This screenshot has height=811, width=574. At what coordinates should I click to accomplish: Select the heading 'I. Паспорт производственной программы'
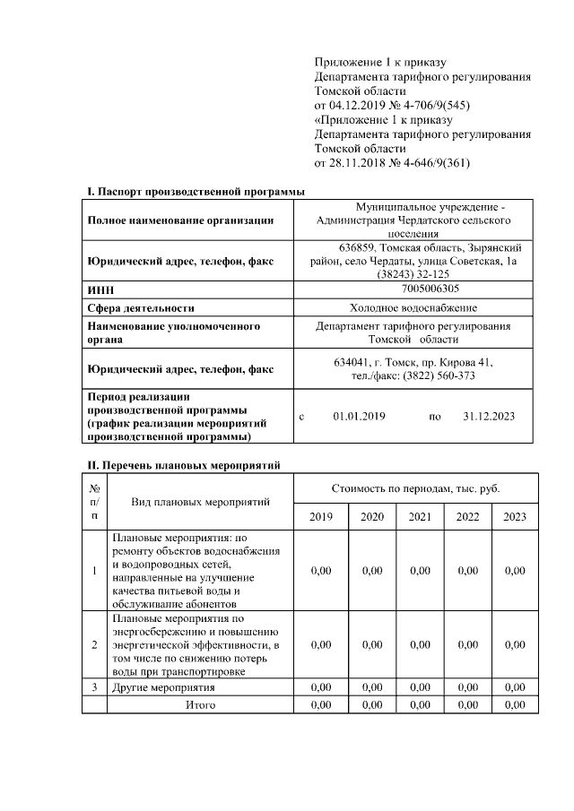coord(195,192)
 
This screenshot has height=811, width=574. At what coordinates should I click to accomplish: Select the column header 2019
coord(320,517)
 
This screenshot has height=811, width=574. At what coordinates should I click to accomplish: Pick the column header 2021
coord(419,517)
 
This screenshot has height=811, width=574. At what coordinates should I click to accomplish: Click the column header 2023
coord(515,517)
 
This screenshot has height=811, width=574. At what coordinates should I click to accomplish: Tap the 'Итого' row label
coord(200,705)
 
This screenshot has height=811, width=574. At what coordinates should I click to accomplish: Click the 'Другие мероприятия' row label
coord(163,687)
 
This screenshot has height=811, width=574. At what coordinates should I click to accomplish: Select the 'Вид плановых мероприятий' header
coord(200,501)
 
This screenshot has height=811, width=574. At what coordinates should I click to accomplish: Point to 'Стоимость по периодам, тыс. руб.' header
coord(416,488)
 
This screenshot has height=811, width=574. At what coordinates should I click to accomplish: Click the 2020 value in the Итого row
coord(371,705)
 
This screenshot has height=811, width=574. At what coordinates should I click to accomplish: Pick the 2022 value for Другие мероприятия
coord(467,687)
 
